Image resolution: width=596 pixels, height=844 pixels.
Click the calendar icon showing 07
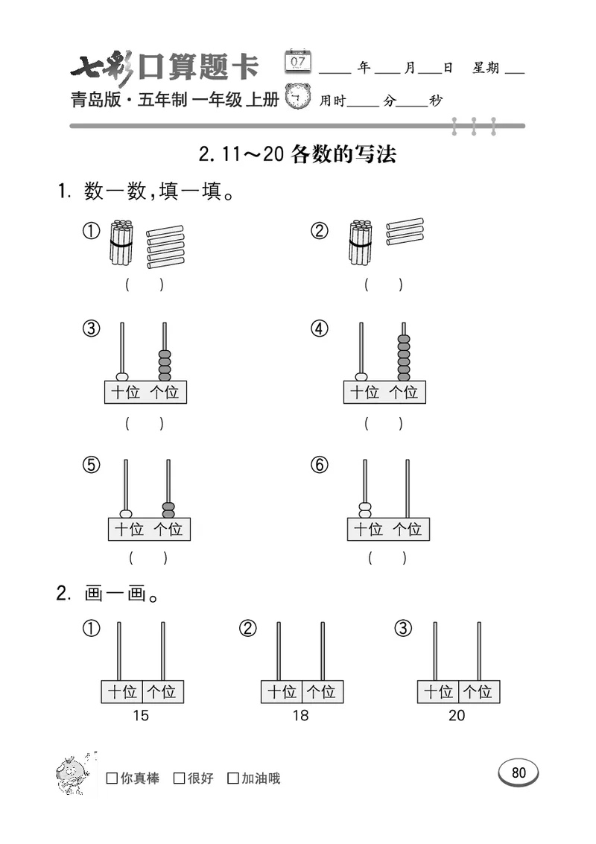pyautogui.click(x=298, y=61)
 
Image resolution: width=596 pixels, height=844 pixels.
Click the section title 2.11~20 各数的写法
pyautogui.click(x=298, y=154)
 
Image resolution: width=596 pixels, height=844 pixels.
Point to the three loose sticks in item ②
pyautogui.click(x=405, y=232)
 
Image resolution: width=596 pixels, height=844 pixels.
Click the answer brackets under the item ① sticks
pyautogui.click(x=145, y=284)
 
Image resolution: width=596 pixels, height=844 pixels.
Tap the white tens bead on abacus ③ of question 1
pyautogui.click(x=122, y=377)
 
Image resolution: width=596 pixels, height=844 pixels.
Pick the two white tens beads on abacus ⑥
pyautogui.click(x=365, y=510)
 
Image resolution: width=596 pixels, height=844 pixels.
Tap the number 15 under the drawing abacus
pyautogui.click(x=140, y=716)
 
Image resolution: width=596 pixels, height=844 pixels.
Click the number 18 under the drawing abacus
pyautogui.click(x=300, y=716)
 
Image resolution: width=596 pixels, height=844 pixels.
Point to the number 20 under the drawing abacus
pyautogui.click(x=457, y=716)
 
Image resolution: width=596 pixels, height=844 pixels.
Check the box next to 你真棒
pyautogui.click(x=112, y=778)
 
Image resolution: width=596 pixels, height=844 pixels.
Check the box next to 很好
pyautogui.click(x=179, y=778)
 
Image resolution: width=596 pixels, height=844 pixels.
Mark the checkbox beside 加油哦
pyautogui.click(x=233, y=778)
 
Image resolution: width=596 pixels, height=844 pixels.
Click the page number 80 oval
pyautogui.click(x=519, y=772)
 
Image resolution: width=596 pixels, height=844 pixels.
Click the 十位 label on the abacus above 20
pyautogui.click(x=438, y=692)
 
